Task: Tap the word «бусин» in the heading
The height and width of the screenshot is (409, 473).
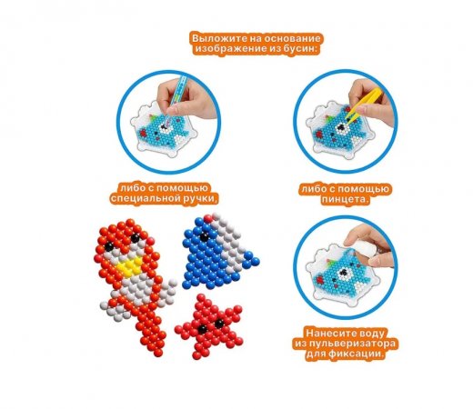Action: tap(299, 49)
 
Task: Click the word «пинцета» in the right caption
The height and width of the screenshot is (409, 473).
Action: tap(346, 200)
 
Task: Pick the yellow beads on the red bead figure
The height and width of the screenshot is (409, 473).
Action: tap(130, 266)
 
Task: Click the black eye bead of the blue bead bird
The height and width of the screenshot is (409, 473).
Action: tap(205, 237)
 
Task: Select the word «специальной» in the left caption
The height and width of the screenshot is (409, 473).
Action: tap(142, 198)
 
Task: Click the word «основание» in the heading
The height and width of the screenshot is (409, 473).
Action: tap(292, 39)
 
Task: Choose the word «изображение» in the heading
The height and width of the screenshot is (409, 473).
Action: tap(230, 49)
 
